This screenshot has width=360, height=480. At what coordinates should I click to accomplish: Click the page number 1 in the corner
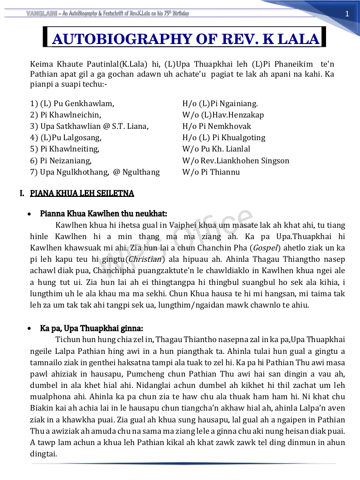coord(347,14)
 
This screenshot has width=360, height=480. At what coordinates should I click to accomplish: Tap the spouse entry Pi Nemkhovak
coord(225,126)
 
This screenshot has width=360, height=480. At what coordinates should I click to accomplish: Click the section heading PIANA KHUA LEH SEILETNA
coord(82,194)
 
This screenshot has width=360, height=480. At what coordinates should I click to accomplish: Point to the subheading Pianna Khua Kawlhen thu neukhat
coord(103,213)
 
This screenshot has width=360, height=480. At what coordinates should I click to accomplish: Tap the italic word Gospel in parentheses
coord(265,248)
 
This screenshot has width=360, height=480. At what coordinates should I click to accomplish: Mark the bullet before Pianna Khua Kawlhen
coord(30,214)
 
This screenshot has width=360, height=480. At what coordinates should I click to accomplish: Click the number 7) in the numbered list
coord(34,172)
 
